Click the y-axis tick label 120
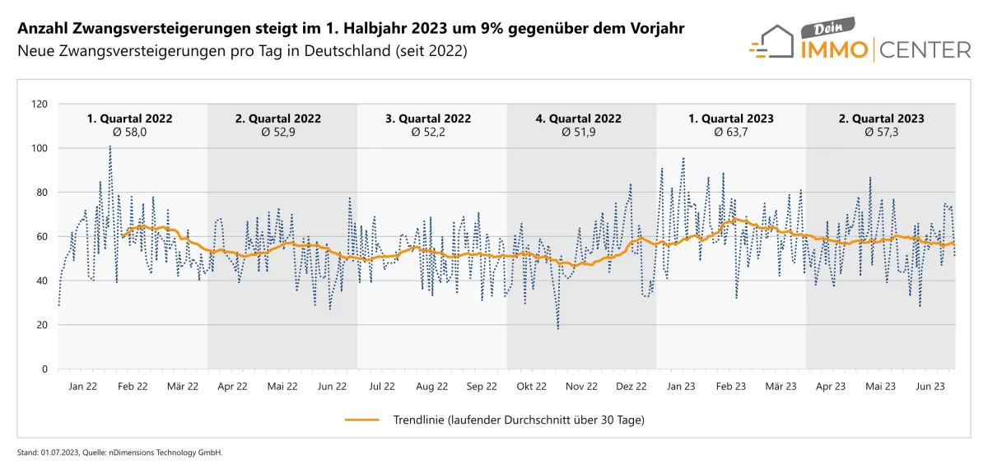click(40, 104)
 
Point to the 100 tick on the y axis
click(40, 148)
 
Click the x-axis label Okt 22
click(531, 385)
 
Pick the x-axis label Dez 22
click(631, 385)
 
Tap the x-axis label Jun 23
click(930, 385)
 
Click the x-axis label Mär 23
click(781, 385)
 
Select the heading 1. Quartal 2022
click(130, 118)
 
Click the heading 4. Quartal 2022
click(579, 118)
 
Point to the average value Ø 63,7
click(731, 132)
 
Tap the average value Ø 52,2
click(429, 132)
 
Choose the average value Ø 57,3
click(881, 132)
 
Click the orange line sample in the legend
click(362, 420)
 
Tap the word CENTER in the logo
click(925, 50)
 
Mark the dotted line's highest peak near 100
click(110, 146)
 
